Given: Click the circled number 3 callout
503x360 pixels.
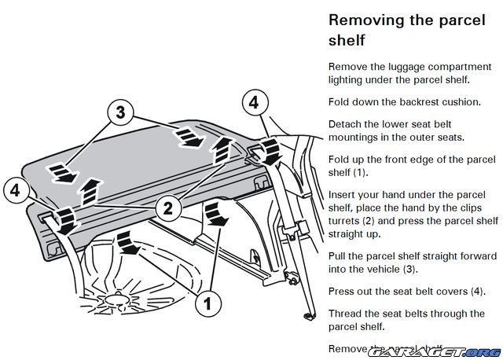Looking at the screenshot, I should pos(120,112).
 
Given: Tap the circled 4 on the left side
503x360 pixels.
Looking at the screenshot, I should pos(16,189).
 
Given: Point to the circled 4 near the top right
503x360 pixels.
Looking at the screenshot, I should pos(252,102).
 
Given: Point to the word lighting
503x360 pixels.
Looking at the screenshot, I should pos(348,79).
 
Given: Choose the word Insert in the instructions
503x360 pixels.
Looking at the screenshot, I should pos(345,194).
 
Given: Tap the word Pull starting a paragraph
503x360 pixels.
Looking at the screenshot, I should pos(340,256).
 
